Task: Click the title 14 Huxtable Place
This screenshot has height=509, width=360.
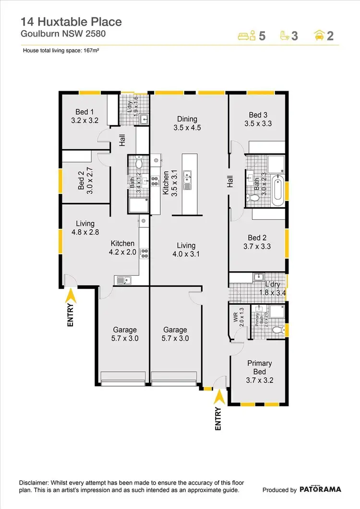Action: [71, 22]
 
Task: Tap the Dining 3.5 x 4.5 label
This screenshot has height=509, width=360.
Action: [187, 123]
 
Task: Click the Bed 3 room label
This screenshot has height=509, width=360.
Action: [258, 119]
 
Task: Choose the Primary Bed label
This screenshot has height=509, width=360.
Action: [260, 367]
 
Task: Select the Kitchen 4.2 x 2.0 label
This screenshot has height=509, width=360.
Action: [122, 248]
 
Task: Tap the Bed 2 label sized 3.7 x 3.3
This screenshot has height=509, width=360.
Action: [257, 242]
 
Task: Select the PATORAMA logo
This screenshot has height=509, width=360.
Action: [321, 489]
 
